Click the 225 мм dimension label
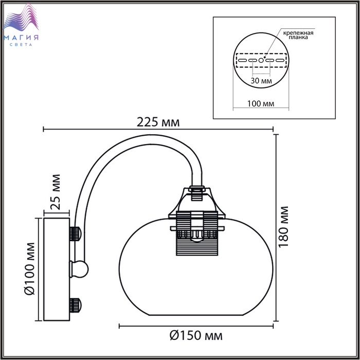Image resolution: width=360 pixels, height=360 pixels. click(x=158, y=122)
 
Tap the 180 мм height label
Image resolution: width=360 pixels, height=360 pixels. click(x=283, y=227)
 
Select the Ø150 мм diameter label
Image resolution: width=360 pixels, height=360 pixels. click(x=196, y=336)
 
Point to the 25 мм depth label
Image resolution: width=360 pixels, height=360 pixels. click(x=56, y=192)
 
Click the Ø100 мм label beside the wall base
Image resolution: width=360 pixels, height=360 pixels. click(x=29, y=268)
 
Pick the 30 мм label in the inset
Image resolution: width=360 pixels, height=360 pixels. click(x=261, y=81)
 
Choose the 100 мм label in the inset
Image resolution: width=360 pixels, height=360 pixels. click(x=261, y=104)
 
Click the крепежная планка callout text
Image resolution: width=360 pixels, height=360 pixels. click(x=298, y=35)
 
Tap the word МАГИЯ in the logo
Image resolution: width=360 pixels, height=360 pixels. click(x=21, y=38)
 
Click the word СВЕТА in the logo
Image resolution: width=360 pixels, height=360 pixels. click(x=21, y=45)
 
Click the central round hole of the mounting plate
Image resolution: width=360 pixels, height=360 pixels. click(x=261, y=60)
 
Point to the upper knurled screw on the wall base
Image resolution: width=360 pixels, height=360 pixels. click(x=75, y=233)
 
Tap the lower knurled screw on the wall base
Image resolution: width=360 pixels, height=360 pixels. click(x=75, y=305)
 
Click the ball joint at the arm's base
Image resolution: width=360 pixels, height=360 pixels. click(x=79, y=269)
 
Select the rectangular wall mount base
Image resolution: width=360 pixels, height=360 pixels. click(x=57, y=269)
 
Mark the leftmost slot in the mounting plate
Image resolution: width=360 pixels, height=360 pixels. click(x=242, y=60)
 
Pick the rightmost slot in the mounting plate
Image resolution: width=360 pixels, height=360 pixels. click(x=280, y=60)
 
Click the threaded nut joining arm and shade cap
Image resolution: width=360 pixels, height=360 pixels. click(x=197, y=189)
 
